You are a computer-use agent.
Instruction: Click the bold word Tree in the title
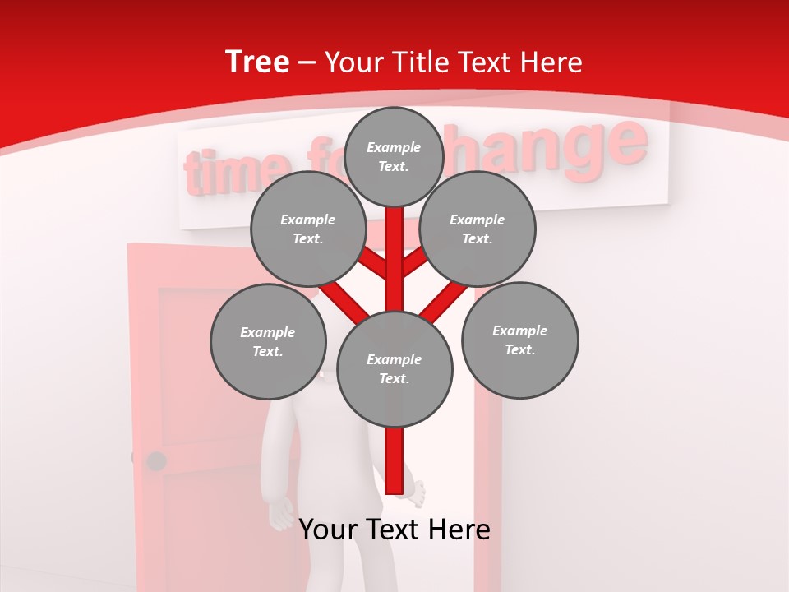click(x=257, y=62)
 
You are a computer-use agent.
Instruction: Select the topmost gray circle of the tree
click(x=394, y=156)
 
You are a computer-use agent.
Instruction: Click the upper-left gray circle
click(x=307, y=229)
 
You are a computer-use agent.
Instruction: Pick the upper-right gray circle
click(x=477, y=229)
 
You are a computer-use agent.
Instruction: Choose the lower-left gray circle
click(x=267, y=341)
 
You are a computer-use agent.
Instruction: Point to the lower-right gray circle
click(x=519, y=340)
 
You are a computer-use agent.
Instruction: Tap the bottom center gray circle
click(x=394, y=368)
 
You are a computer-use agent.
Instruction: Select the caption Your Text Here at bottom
click(x=394, y=530)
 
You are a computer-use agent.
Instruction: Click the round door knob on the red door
click(x=155, y=460)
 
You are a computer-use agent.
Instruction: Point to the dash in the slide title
click(x=307, y=63)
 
